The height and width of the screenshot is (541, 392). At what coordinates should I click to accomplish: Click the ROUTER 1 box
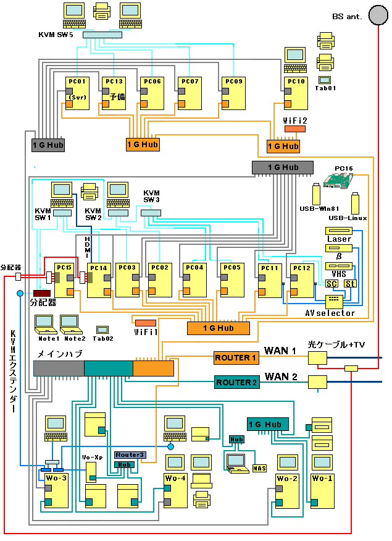[236, 358]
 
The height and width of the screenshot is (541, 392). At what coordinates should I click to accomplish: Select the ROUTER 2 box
[236, 382]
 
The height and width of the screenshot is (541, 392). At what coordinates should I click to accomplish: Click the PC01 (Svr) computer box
[77, 93]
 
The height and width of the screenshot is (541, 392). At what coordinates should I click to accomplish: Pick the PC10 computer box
[296, 93]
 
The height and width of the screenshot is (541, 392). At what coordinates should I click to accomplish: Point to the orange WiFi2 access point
[294, 129]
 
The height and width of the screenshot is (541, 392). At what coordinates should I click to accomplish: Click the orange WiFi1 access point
[145, 323]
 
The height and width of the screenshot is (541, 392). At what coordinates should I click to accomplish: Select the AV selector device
[333, 300]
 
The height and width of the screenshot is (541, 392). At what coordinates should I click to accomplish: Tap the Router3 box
[130, 455]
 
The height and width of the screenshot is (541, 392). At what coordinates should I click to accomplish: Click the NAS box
[259, 468]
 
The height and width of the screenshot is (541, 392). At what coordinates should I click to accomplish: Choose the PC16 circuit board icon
[336, 179]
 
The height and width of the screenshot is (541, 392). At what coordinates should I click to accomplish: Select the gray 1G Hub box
[48, 144]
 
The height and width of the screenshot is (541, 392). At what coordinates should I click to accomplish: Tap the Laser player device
[338, 231]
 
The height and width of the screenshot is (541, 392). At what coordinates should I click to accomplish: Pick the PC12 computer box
[302, 280]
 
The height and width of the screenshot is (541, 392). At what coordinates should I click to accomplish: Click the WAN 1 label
[281, 351]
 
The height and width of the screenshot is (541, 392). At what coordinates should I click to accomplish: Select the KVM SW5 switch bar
[102, 35]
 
